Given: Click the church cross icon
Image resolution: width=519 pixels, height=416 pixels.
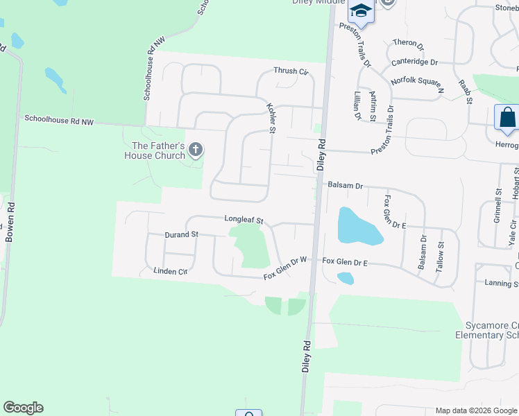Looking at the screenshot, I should pos(196,148).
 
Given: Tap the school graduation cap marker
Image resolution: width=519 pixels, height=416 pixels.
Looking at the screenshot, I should pos(361,10).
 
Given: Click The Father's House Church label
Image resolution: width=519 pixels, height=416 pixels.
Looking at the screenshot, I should pos(158,150).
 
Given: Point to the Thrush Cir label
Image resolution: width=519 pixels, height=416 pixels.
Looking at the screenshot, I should pos(291,71).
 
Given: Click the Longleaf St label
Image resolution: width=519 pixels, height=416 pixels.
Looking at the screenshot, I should pos(244,220).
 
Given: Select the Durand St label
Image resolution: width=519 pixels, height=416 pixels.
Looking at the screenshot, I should pos(182,234).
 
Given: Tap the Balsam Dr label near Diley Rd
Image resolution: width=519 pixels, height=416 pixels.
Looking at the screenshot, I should pos(346,186).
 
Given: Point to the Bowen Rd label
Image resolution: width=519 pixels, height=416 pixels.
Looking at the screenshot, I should pos(10,221).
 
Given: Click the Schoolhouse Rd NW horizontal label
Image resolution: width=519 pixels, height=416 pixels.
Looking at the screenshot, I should pos(59,120).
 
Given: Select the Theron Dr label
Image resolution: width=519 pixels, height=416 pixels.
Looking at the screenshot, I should pos(408,43).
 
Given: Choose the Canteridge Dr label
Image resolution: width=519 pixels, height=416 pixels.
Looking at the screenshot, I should pos(414,62).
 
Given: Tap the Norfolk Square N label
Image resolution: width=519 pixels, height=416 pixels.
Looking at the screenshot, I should pos(416,85).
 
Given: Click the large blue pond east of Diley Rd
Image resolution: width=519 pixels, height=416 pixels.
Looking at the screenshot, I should pos(357,227).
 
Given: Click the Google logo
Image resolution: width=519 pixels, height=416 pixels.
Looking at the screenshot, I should pos(23,408).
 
